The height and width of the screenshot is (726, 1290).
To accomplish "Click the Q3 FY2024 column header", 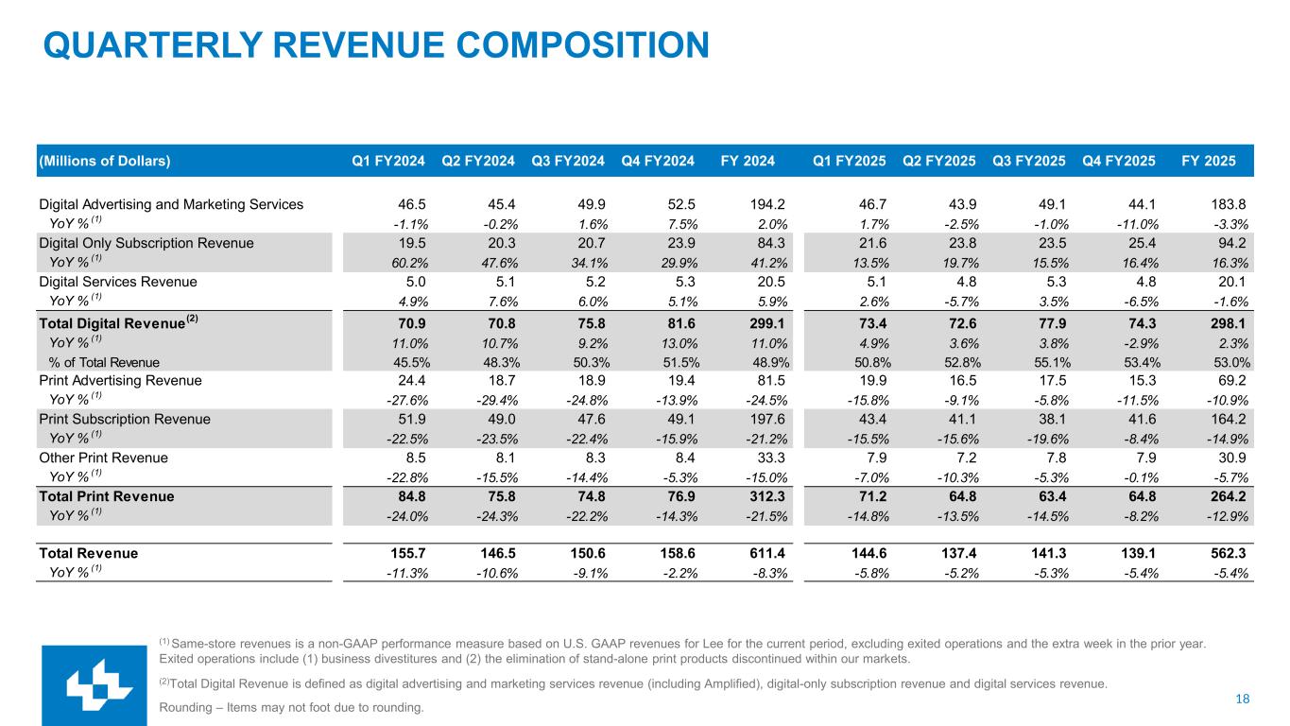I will click(x=567, y=161).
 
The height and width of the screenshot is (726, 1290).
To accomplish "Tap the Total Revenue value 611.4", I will click(x=767, y=554).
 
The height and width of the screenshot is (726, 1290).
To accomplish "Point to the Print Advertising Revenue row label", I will click(x=120, y=380).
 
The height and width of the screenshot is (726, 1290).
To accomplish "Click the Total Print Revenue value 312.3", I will click(x=767, y=495).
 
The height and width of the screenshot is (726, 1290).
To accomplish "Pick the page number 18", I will click(x=1243, y=699).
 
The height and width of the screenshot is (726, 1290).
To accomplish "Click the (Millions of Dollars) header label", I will click(x=104, y=161).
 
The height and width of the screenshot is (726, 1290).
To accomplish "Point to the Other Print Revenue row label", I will click(x=103, y=458).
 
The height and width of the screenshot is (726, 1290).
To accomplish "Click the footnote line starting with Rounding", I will click(x=291, y=707).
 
